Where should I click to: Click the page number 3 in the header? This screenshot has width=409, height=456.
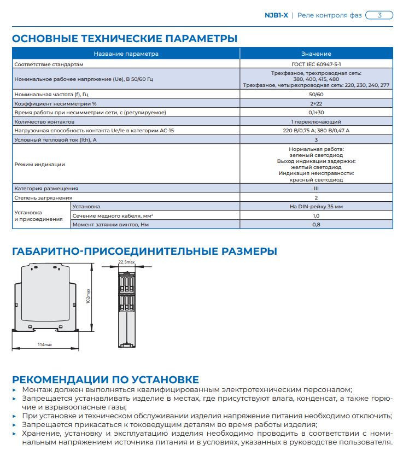[379, 15]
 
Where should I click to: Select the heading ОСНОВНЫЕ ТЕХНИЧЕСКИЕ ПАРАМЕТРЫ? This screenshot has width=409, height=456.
[125, 39]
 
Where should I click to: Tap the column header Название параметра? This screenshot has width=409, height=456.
[126, 54]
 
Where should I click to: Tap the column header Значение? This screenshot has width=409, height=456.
[315, 54]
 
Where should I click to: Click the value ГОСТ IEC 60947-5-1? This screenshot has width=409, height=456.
[316, 64]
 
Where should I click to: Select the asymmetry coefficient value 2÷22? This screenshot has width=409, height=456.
[316, 103]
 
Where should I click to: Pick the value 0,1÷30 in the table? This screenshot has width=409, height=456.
[316, 112]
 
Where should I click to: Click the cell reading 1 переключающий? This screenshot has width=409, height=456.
[316, 121]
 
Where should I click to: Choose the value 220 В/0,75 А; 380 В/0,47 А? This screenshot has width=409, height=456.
[316, 131]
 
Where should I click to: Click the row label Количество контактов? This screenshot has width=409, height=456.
[44, 121]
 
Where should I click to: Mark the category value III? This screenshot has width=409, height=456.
[316, 188]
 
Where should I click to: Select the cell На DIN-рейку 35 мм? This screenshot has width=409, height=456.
[316, 207]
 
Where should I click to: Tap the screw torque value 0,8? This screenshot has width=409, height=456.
[316, 225]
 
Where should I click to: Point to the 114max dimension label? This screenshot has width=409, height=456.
[44, 345]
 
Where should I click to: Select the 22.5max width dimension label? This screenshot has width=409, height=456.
[126, 262]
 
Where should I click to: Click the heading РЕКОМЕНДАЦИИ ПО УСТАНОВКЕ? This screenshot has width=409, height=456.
[106, 379]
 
